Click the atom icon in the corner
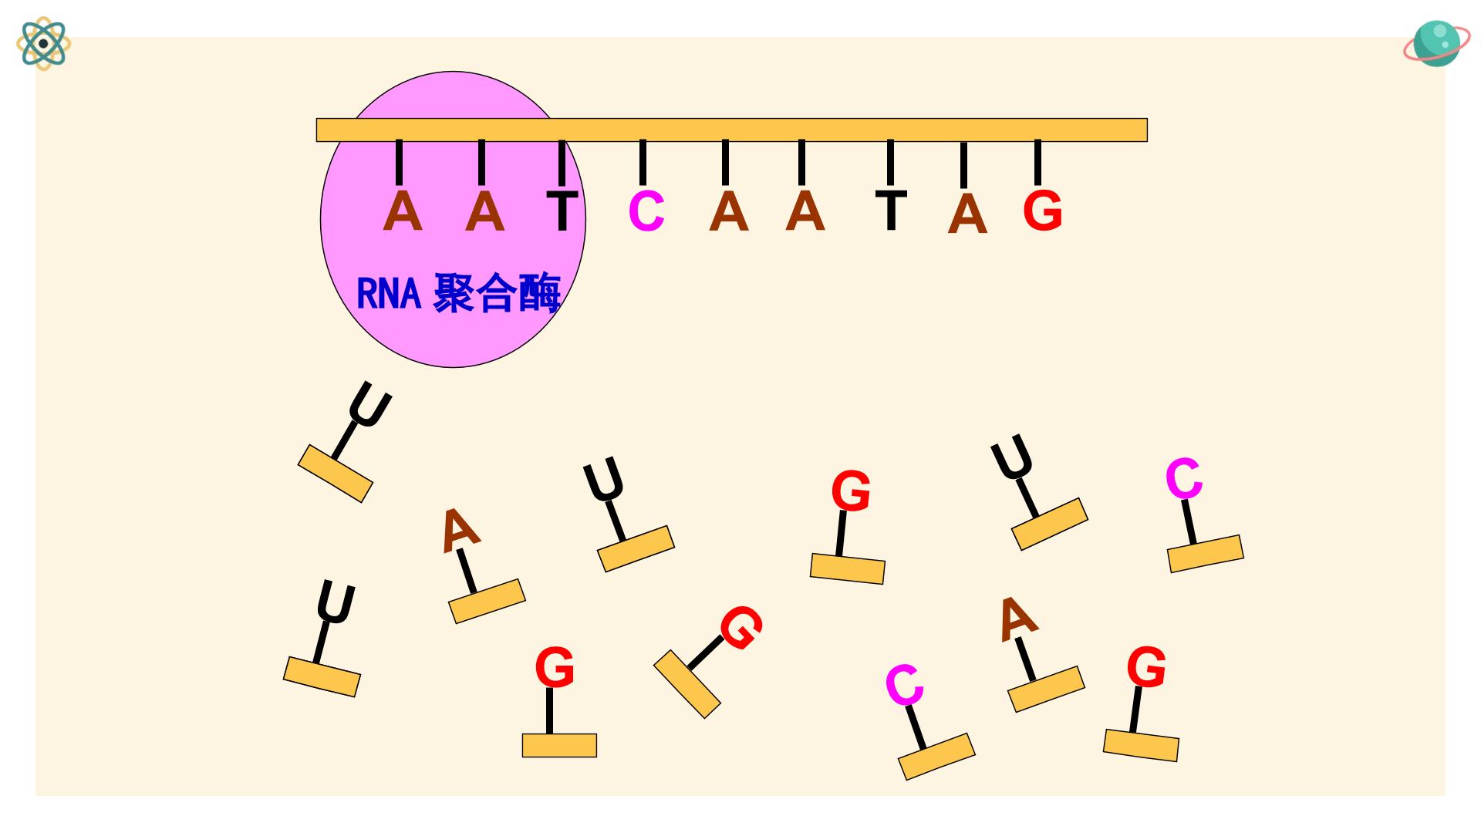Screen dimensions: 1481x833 coord(44,43)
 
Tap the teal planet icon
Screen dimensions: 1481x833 coord(1436,43)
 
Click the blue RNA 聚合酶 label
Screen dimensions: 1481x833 coord(458,292)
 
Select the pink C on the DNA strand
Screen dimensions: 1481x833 coord(646,211)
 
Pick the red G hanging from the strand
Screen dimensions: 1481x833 coord(1043,211)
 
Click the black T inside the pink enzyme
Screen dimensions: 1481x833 coord(562,211)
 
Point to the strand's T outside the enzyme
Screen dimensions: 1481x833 coord(891,209)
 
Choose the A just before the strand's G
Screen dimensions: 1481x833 coord(967,214)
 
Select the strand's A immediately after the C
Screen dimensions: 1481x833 coord(729,211)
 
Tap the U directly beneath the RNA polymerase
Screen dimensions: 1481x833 coord(369,404)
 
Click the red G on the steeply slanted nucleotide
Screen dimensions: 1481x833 coord(741,628)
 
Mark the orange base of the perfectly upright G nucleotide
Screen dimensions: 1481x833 coord(559,745)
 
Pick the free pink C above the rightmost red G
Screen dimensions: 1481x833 coord(1184,478)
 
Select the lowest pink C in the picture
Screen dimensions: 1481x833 coord(904,685)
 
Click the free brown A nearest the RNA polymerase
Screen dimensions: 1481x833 coord(460,530)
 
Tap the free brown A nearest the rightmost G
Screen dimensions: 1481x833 coord(1017,619)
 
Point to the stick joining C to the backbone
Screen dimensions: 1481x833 coord(643,163)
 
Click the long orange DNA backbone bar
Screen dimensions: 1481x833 coord(731,130)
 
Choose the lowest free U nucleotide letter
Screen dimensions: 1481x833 coord(336,603)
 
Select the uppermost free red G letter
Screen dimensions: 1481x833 coord(851,491)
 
